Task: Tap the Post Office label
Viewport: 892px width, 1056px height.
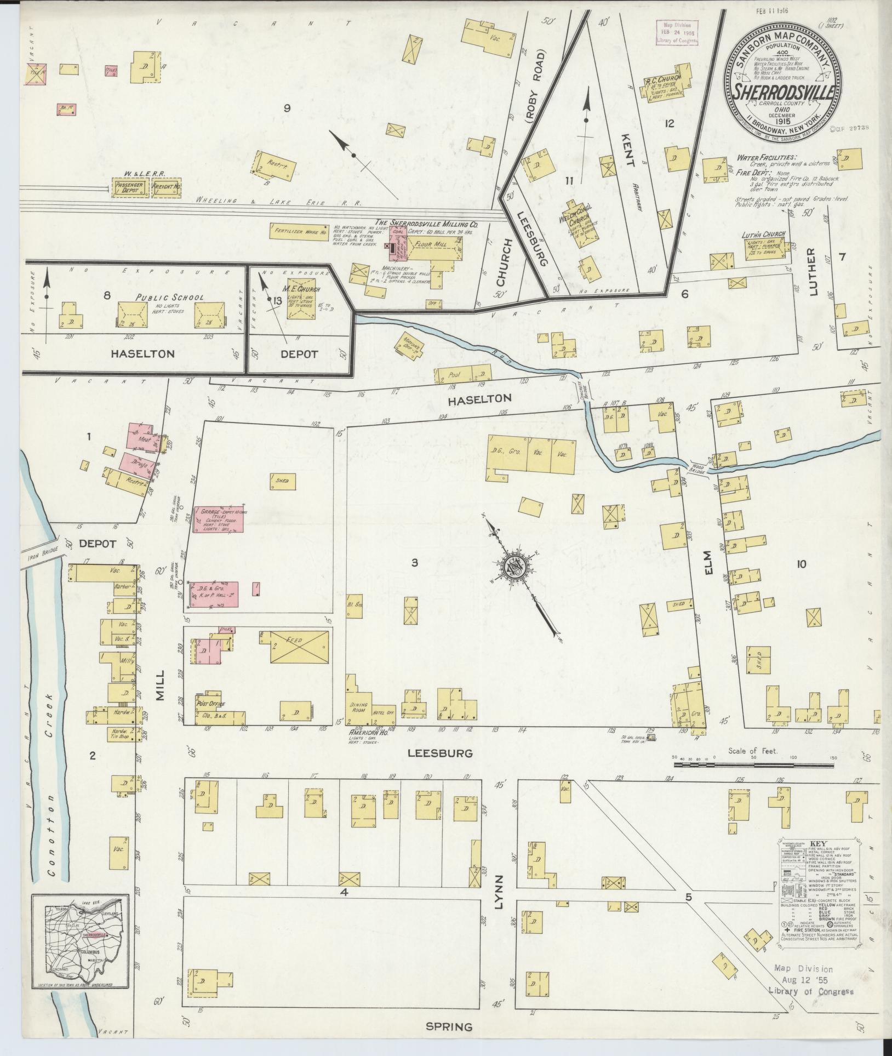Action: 210,704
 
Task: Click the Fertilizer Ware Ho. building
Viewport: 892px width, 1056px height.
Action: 301,230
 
